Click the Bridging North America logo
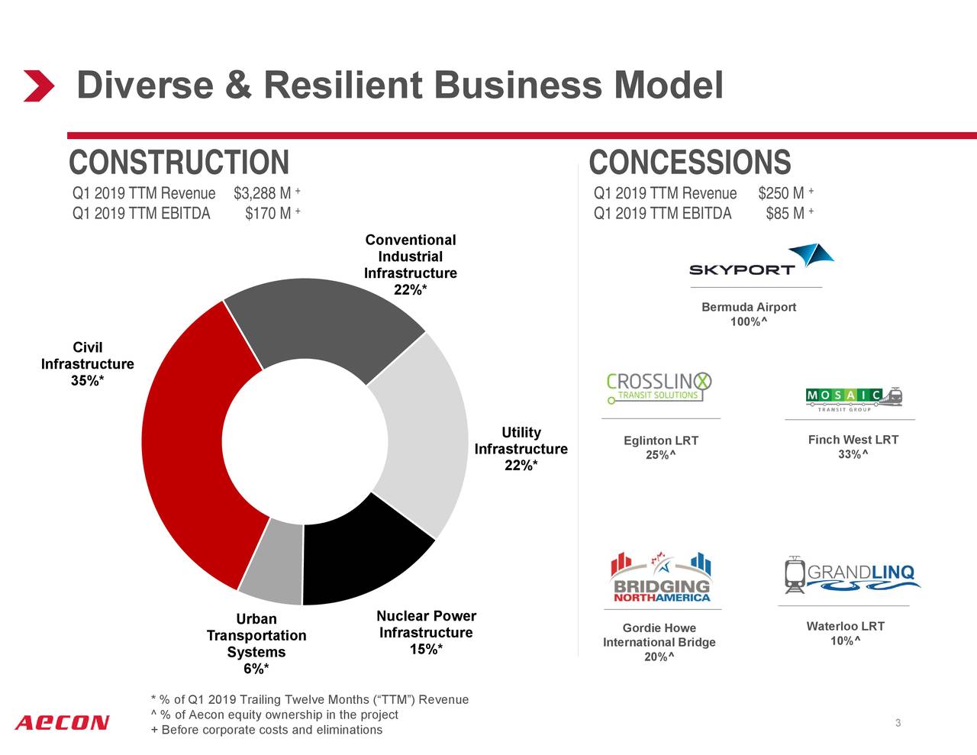[x=661, y=578]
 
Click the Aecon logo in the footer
[x=62, y=722]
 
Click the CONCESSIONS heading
[x=689, y=163]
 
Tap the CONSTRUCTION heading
[x=179, y=163]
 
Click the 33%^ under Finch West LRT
[x=853, y=455]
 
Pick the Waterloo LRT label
[x=845, y=627]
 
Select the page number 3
[x=898, y=723]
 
